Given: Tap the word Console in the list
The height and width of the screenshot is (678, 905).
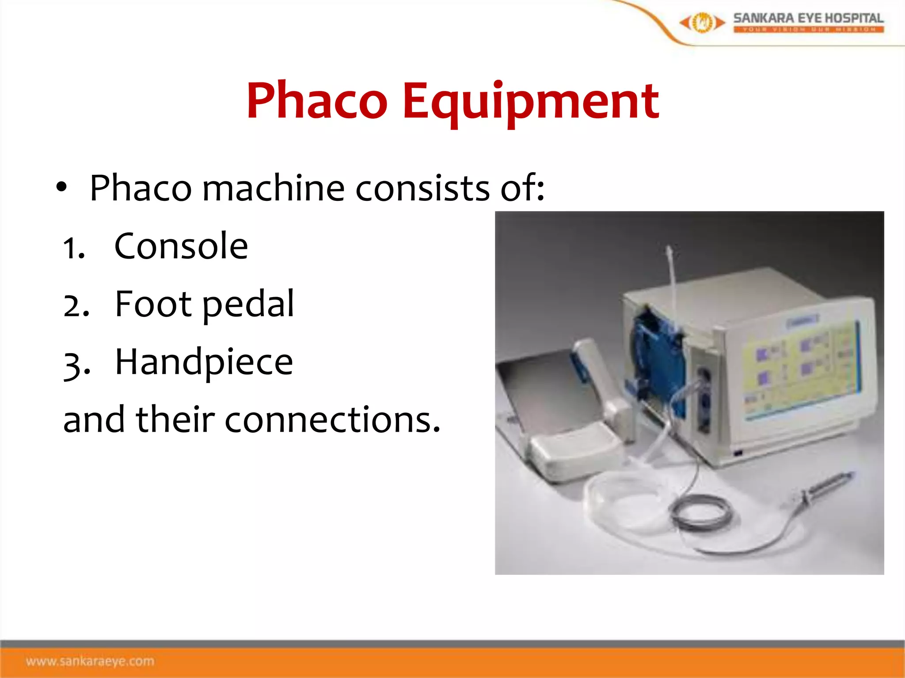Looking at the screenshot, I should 181,246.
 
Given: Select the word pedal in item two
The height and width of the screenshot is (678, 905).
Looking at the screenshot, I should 248,305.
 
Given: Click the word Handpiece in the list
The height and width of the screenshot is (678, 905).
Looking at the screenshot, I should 204,362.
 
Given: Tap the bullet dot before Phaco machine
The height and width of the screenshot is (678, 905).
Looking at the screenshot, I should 61,187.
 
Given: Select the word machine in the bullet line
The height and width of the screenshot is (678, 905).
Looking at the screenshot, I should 273,188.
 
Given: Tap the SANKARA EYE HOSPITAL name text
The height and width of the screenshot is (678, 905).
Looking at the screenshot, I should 808,18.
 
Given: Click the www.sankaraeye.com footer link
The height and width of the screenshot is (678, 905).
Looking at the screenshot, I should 90,661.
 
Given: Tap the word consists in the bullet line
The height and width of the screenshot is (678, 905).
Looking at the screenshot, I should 422,188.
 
